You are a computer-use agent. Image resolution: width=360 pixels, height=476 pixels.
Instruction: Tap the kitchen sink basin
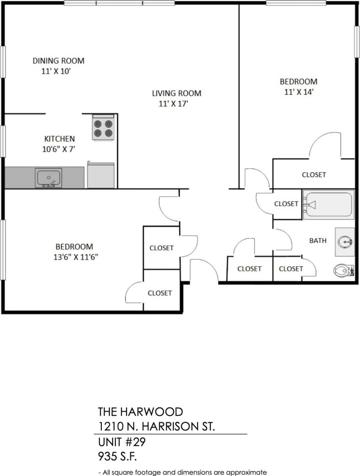pyautogui.click(x=48, y=178)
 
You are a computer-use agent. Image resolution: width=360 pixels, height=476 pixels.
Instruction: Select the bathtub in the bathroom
pyautogui.click(x=329, y=205)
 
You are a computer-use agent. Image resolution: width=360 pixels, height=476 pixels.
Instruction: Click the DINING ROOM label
pyautogui.click(x=58, y=61)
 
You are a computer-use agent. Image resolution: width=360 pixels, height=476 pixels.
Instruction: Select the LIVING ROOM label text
pyautogui.click(x=176, y=93)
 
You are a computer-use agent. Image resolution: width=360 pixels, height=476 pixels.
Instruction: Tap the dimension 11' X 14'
pyautogui.click(x=299, y=92)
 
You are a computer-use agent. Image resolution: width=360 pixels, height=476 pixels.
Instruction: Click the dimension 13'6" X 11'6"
pyautogui.click(x=74, y=257)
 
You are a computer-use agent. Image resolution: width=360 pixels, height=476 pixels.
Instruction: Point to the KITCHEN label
pyautogui.click(x=59, y=139)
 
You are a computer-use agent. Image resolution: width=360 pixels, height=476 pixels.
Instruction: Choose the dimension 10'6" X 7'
pyautogui.click(x=58, y=149)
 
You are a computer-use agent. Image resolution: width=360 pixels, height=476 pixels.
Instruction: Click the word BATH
pyautogui.click(x=318, y=240)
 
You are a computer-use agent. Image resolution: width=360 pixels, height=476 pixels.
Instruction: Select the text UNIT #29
pyautogui.click(x=121, y=442)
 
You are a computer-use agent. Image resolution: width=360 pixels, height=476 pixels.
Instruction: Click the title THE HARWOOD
pyautogui.click(x=140, y=412)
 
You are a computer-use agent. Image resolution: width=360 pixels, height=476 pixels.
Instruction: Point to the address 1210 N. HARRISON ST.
pyautogui.click(x=156, y=426)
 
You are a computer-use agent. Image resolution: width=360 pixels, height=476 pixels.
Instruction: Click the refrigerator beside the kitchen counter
pyautogui.click(x=101, y=175)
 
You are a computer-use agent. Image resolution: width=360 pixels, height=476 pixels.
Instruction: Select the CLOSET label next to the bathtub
pyautogui.click(x=286, y=204)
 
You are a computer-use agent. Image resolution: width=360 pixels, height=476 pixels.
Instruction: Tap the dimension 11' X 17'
pyautogui.click(x=173, y=104)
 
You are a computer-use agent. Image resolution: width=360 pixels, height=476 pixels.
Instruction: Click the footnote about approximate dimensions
pyautogui.click(x=182, y=472)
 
